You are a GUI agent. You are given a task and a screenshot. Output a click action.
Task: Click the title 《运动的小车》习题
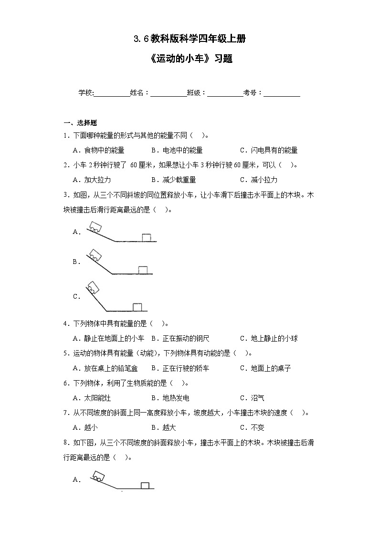pos(190,60)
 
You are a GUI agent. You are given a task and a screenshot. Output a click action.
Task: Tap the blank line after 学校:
pos(112,93)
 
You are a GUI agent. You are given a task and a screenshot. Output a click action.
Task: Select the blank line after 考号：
pos(282,93)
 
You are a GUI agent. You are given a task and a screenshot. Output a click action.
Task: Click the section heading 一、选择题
pos(80,123)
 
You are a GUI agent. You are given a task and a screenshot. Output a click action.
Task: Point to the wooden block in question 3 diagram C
pos(137,306)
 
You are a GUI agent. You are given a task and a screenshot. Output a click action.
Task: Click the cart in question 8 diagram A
pos(99,476)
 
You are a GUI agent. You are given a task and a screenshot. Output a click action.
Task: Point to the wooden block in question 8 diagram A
pos(145,485)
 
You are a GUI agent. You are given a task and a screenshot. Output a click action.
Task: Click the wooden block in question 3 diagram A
pos(146,237)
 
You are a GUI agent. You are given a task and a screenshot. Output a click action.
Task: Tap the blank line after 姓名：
pos(169,93)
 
